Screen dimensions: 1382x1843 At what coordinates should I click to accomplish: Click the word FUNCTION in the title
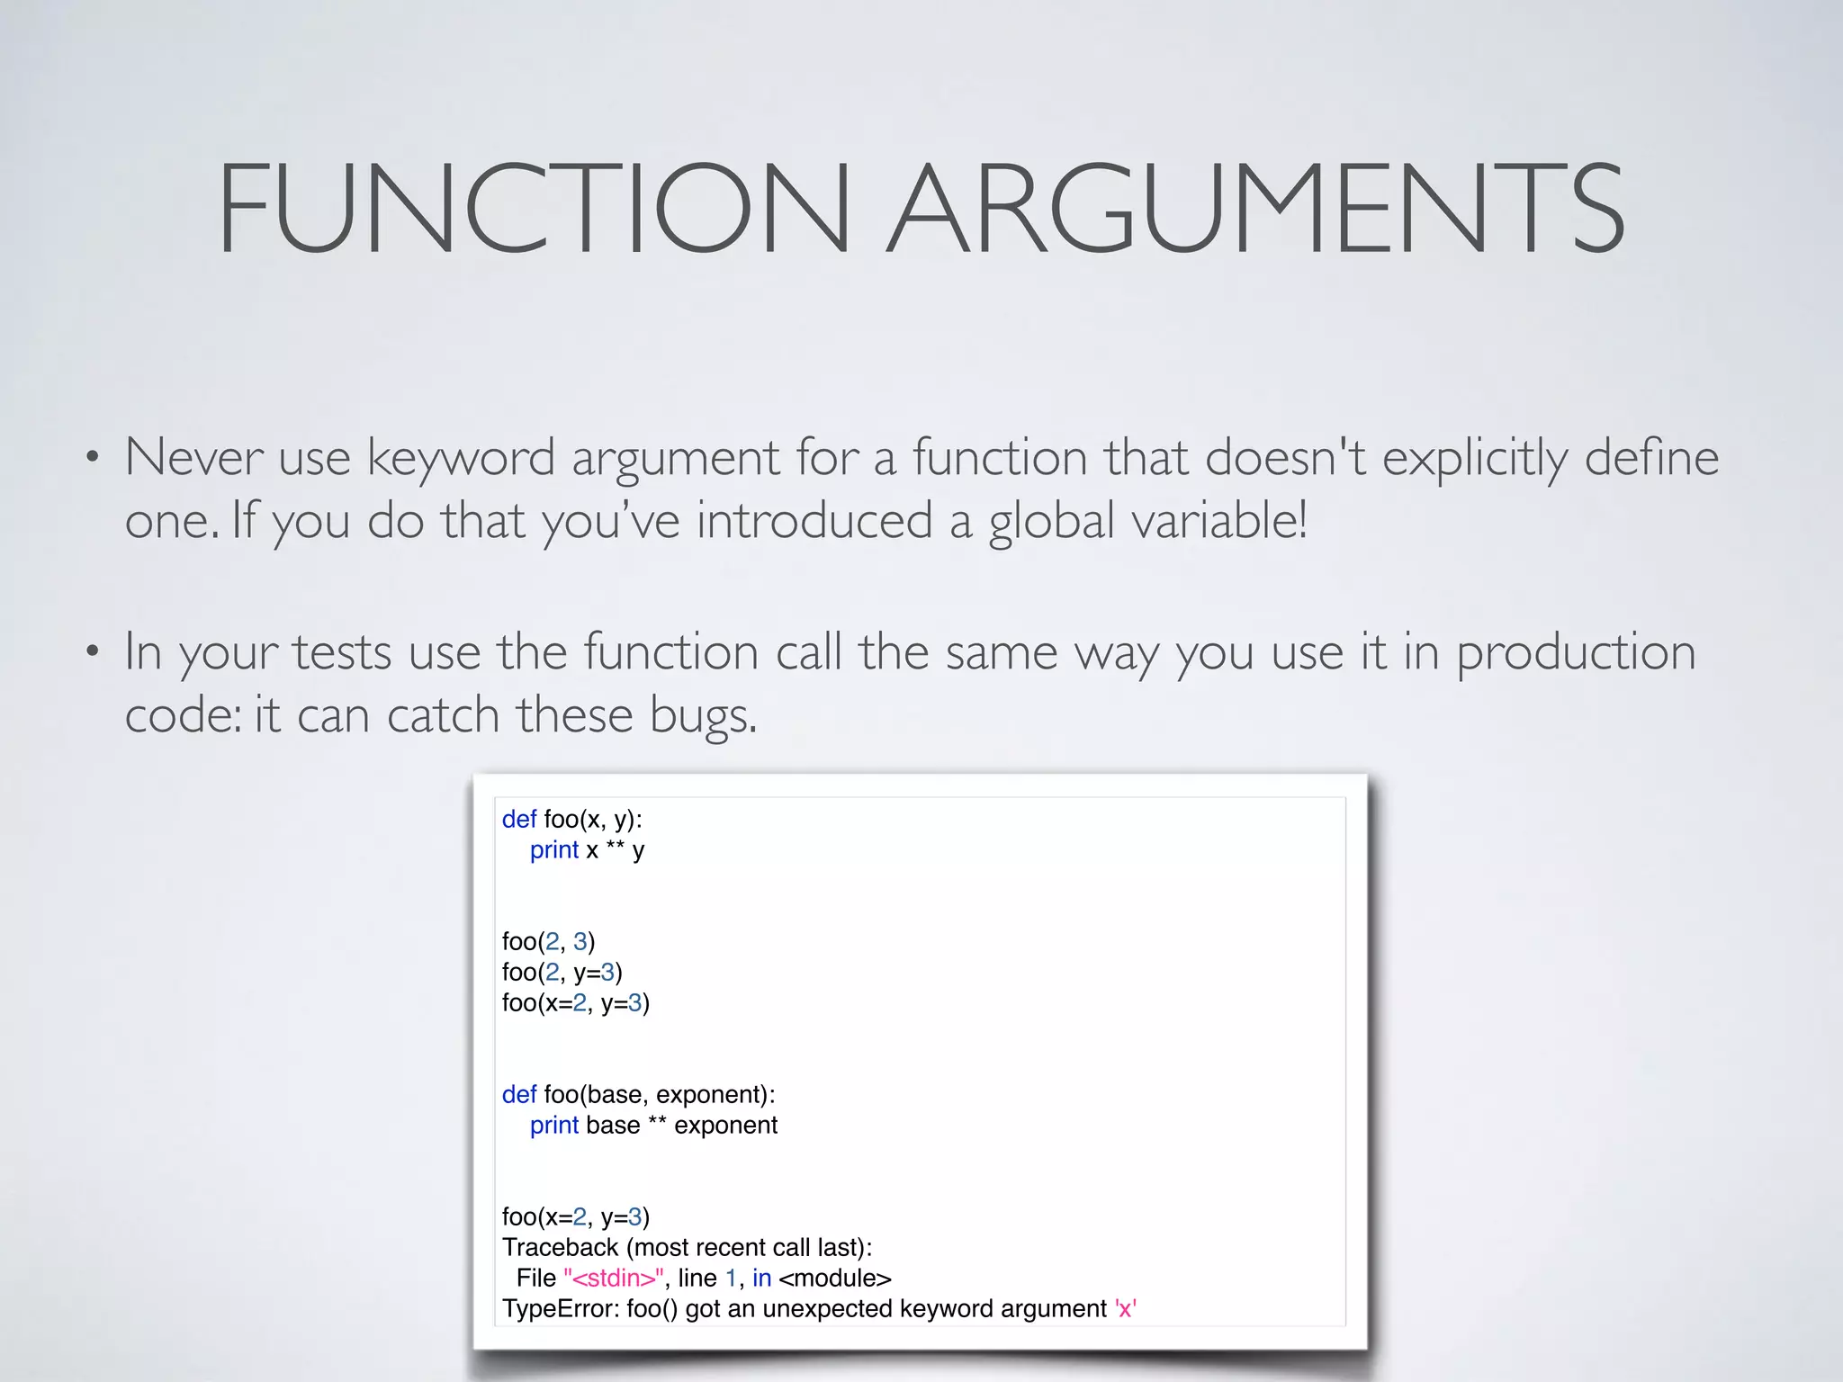pyautogui.click(x=533, y=208)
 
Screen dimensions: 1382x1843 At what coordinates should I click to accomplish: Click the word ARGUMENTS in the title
pyautogui.click(x=1256, y=208)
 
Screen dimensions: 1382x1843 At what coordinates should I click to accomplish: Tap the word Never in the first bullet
pyautogui.click(x=193, y=457)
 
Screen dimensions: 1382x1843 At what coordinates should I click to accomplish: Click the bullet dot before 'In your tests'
pyautogui.click(x=92, y=651)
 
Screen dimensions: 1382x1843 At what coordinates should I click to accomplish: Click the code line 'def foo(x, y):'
pyautogui.click(x=572, y=819)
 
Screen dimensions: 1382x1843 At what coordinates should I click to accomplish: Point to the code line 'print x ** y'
pyautogui.click(x=587, y=850)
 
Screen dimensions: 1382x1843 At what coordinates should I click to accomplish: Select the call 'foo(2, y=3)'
pyautogui.click(x=562, y=973)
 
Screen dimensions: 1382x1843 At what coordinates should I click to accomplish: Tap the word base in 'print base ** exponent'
pyautogui.click(x=612, y=1126)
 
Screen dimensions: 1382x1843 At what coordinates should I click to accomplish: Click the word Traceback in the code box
pyautogui.click(x=560, y=1247)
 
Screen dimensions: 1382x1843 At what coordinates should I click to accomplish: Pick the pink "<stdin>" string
pyautogui.click(x=614, y=1279)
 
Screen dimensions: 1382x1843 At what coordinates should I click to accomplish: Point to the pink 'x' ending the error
pyautogui.click(x=1125, y=1309)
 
